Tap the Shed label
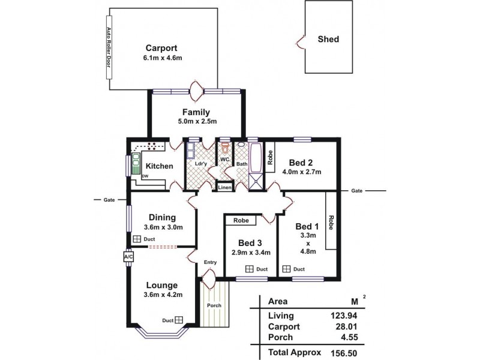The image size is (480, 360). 328,40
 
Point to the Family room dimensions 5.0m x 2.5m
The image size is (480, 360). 196,122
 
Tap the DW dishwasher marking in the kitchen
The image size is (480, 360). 145,176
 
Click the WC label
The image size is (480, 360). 224,160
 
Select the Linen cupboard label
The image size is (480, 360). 224,187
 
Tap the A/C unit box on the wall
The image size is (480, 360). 128,257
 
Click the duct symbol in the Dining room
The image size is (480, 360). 137,239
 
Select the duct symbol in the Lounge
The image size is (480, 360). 178,320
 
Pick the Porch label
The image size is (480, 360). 215,305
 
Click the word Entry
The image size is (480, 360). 210,262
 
